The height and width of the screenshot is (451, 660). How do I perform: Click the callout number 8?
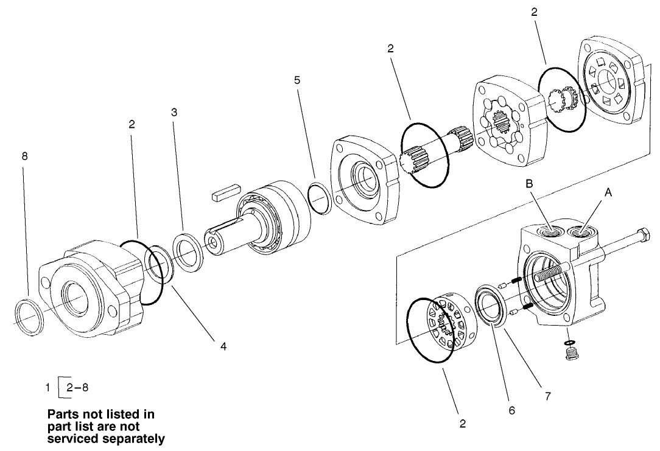pyautogui.click(x=24, y=156)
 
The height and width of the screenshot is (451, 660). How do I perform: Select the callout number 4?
pyautogui.click(x=223, y=346)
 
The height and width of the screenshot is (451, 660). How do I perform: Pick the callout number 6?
pyautogui.click(x=511, y=410)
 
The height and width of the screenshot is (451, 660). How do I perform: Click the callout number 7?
pyautogui.click(x=548, y=396)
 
